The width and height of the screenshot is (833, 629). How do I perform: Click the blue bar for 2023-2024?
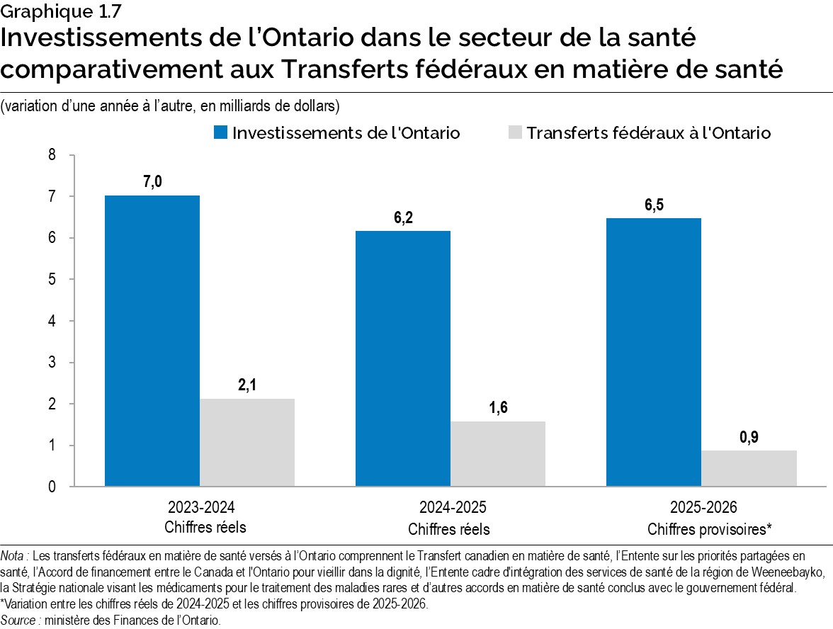pyautogui.click(x=152, y=341)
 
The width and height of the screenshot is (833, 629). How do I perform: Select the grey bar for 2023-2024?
pyautogui.click(x=247, y=443)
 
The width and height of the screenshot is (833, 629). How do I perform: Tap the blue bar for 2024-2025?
pyautogui.click(x=402, y=358)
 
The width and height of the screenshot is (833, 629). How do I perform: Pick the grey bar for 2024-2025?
pyautogui.click(x=498, y=454)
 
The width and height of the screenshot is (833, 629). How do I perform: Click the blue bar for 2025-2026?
pyautogui.click(x=654, y=352)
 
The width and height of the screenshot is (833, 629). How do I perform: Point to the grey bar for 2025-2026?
pyautogui.click(x=749, y=468)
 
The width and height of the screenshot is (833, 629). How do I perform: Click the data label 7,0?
pyautogui.click(x=152, y=183)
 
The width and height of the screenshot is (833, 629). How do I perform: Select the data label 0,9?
pyautogui.click(x=749, y=438)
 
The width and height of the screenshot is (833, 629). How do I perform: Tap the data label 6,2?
pyautogui.click(x=403, y=217)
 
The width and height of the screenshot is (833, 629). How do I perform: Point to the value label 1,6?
pyautogui.click(x=498, y=408)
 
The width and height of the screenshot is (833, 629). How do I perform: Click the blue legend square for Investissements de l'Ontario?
pyautogui.click(x=220, y=133)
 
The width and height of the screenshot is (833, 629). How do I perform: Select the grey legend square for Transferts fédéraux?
pyautogui.click(x=515, y=133)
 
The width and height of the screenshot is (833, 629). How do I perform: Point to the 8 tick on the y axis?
pyautogui.click(x=52, y=154)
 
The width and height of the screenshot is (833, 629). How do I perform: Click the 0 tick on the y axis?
pyautogui.click(x=52, y=487)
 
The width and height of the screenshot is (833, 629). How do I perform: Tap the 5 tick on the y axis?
pyautogui.click(x=52, y=279)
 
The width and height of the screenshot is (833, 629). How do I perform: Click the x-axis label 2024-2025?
pyautogui.click(x=449, y=509)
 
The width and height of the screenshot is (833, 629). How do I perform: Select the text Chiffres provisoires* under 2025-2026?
pyautogui.click(x=709, y=529)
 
